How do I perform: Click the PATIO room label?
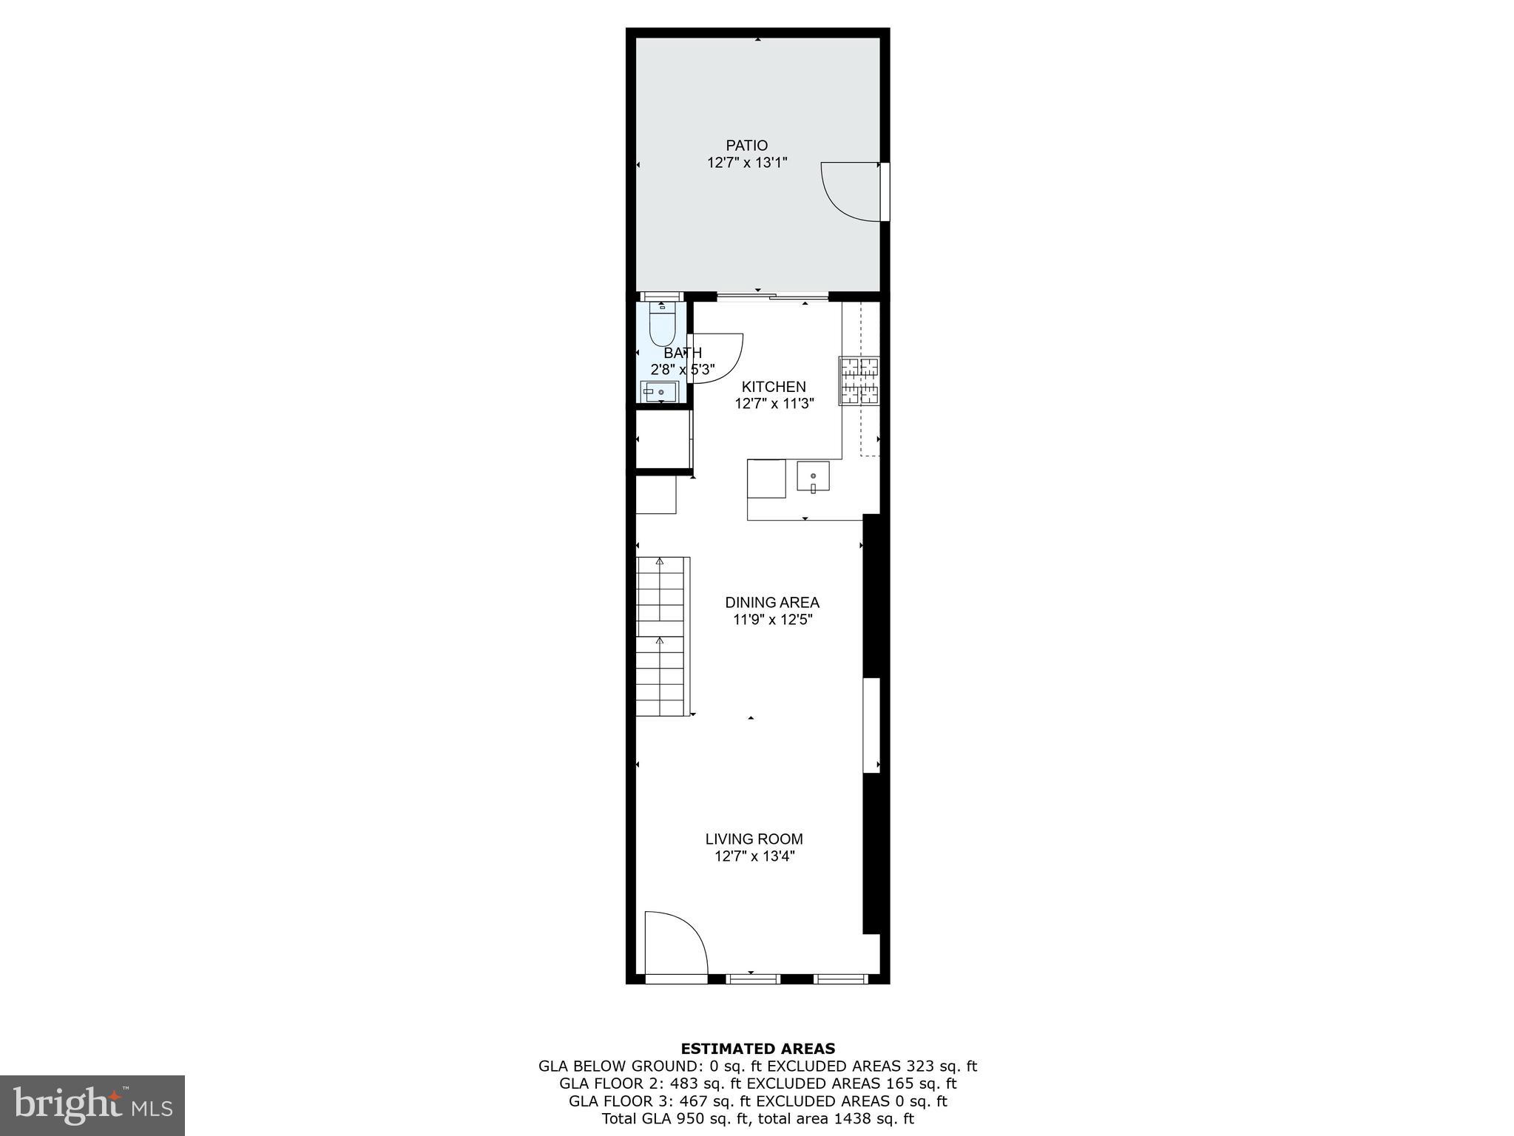[x=746, y=146]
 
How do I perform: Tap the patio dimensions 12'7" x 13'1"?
[x=746, y=163]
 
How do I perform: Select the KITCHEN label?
[x=774, y=387]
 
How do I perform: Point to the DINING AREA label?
[x=772, y=603]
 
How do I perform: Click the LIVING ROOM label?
[x=754, y=839]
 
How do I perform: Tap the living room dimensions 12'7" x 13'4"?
[x=754, y=856]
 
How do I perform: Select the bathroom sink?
[x=658, y=392]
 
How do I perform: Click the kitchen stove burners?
[x=859, y=381]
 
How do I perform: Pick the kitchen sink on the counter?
[x=813, y=477]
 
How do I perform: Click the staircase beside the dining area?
[x=663, y=636]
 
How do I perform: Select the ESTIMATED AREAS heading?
[x=757, y=1048]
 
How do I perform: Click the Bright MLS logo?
[x=92, y=1105]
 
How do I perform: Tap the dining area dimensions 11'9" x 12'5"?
[x=772, y=620]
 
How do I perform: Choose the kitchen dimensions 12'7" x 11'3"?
[x=774, y=404]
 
